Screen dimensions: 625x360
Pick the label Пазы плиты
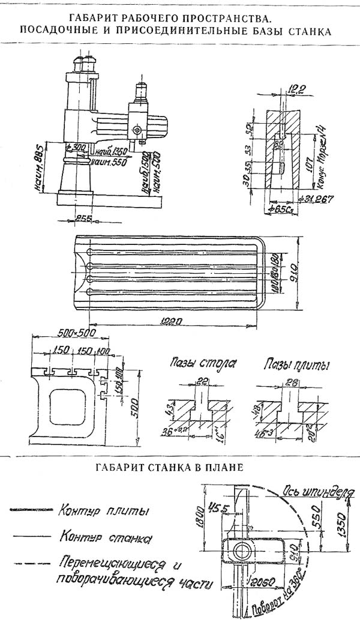[289, 364]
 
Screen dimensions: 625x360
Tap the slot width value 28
[292, 380]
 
